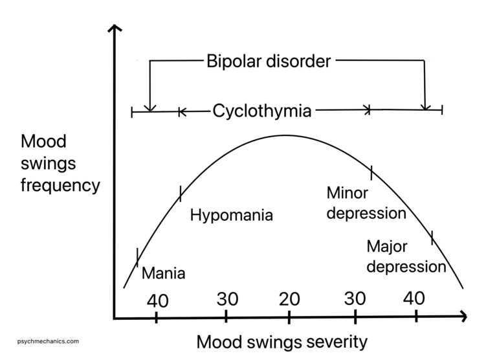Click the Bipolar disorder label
point(269,62)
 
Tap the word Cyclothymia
point(262,111)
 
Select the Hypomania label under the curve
point(232,216)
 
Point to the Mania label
point(163,273)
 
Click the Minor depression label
point(366,203)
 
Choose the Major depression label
point(406,256)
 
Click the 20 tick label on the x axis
point(289,299)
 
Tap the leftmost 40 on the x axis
point(157,301)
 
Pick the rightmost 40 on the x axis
point(414,298)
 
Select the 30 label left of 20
point(227,299)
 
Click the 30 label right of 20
point(354,299)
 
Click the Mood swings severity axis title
point(282,341)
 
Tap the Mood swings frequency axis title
point(60,164)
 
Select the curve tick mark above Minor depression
point(371,172)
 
